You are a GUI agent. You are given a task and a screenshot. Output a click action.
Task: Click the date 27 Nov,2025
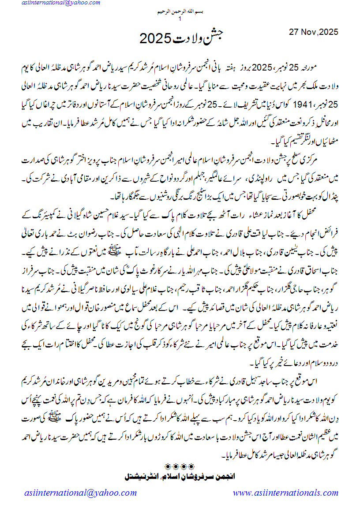point(313,32)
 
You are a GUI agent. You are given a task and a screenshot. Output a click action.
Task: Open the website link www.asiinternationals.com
point(286,493)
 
